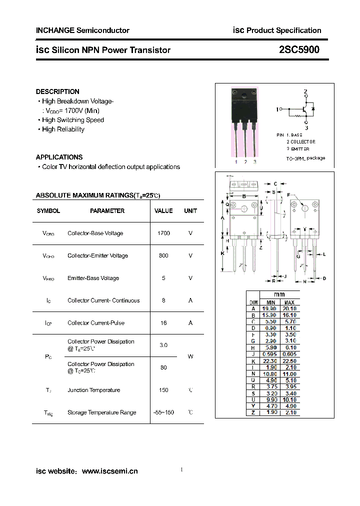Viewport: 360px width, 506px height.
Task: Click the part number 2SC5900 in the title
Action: (299, 50)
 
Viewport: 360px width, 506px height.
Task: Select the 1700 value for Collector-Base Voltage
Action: (163, 233)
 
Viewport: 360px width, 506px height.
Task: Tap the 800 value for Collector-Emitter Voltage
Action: (163, 256)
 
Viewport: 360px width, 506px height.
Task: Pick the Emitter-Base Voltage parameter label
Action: (93, 278)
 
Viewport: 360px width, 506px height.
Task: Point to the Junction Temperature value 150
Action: (163, 390)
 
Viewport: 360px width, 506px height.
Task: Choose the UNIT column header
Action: (190, 211)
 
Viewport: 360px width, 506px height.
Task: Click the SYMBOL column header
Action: (48, 211)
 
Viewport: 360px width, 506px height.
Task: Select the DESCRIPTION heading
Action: (57, 92)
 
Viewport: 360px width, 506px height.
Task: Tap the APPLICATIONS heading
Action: (59, 157)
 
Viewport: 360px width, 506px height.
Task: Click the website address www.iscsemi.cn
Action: (109, 471)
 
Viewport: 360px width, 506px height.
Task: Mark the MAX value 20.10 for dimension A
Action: (289, 309)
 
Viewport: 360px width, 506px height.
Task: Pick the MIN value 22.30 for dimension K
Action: (270, 361)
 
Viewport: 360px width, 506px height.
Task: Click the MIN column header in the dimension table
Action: (270, 302)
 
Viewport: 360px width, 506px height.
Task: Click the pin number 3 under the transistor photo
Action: (254, 162)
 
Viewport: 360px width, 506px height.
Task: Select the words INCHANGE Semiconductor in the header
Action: (82, 30)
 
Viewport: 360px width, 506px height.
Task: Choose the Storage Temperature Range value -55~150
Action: (163, 413)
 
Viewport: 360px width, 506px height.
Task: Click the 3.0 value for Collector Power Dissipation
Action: (163, 345)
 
